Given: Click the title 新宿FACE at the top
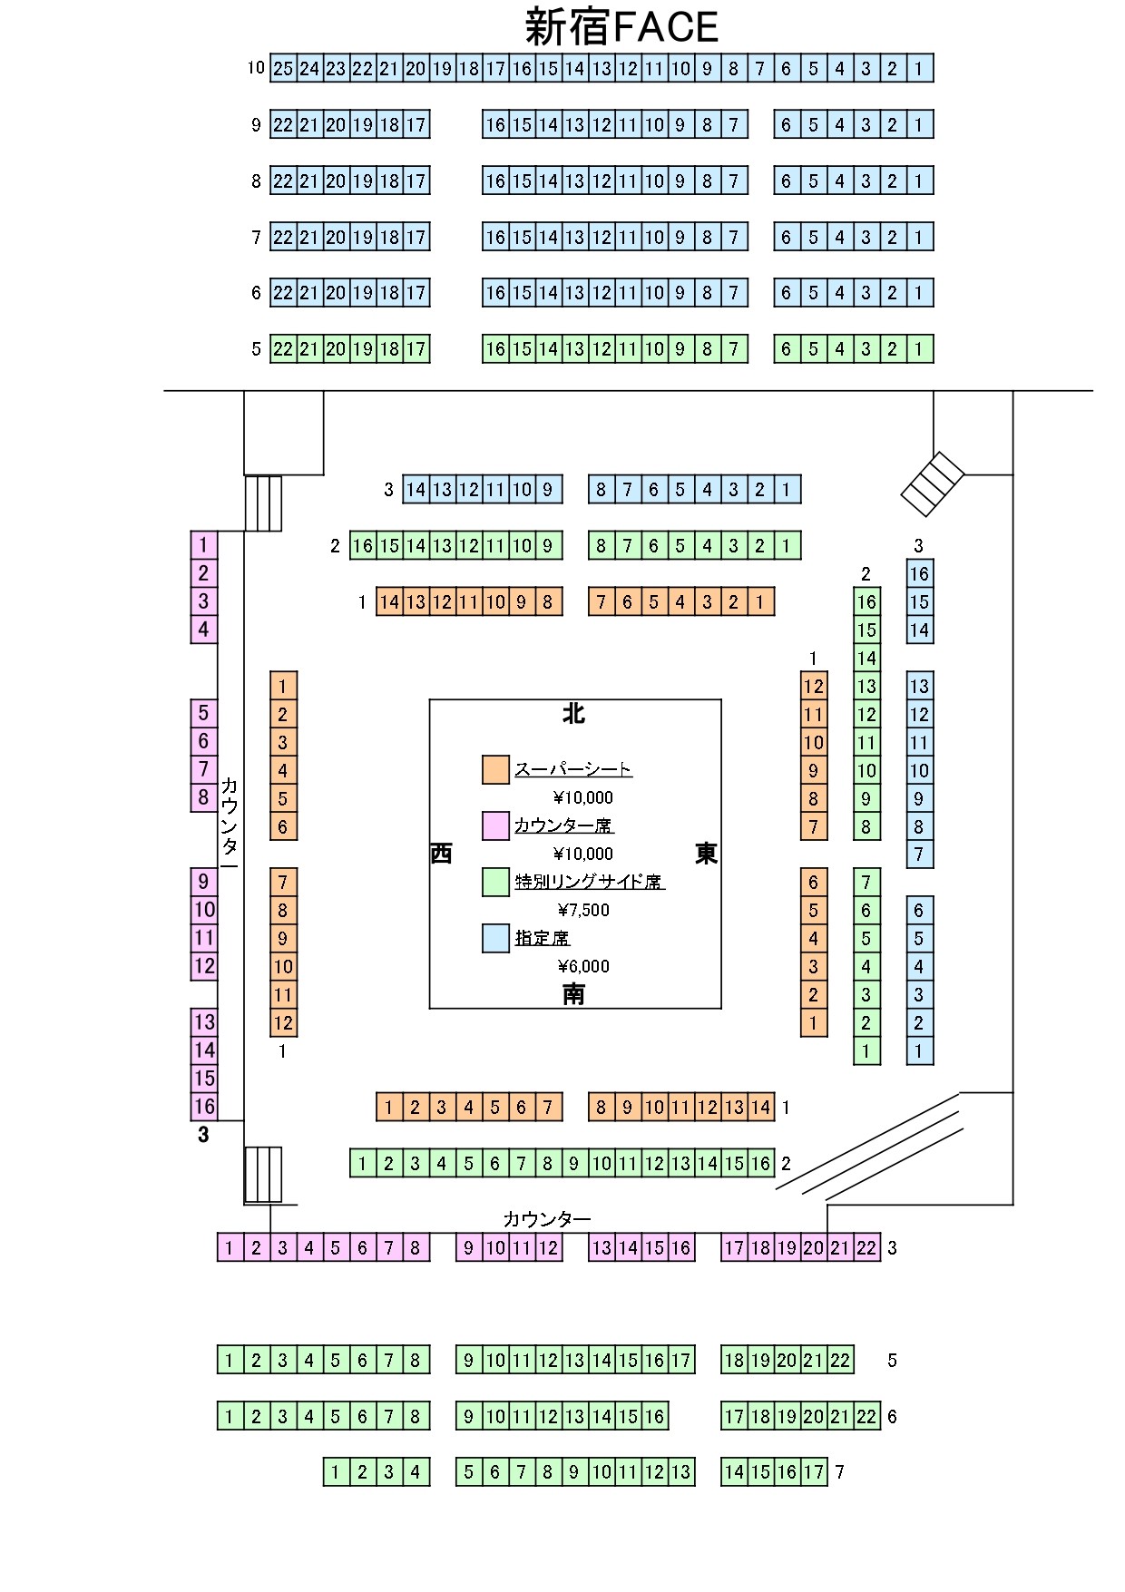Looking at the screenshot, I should point(621,27).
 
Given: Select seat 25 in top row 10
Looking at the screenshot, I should point(283,68).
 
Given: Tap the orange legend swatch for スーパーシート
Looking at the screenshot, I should point(495,769).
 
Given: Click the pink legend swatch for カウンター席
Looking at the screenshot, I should point(495,825).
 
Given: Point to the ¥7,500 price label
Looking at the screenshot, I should point(583,910).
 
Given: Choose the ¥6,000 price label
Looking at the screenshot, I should point(583,966).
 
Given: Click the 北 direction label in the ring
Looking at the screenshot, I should point(573,715).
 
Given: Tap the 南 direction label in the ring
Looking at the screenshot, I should point(573,994).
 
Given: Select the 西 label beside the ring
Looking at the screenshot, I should point(441,854).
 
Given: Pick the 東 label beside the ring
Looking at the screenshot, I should point(706,854).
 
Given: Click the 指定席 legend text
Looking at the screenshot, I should point(543,938).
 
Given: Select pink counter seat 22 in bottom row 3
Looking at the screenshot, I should point(866,1248).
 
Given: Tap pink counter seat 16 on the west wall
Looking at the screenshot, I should point(204,1107).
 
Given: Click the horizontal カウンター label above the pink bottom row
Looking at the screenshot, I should point(547,1219).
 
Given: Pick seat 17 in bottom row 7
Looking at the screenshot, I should point(814,1472).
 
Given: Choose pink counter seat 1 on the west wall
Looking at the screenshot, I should point(204,545).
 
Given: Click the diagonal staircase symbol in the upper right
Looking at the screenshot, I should point(932,483).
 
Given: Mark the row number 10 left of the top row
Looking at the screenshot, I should point(256,68).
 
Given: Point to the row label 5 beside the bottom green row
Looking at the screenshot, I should point(892,1361).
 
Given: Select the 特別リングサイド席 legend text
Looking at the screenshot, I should point(590,882).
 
